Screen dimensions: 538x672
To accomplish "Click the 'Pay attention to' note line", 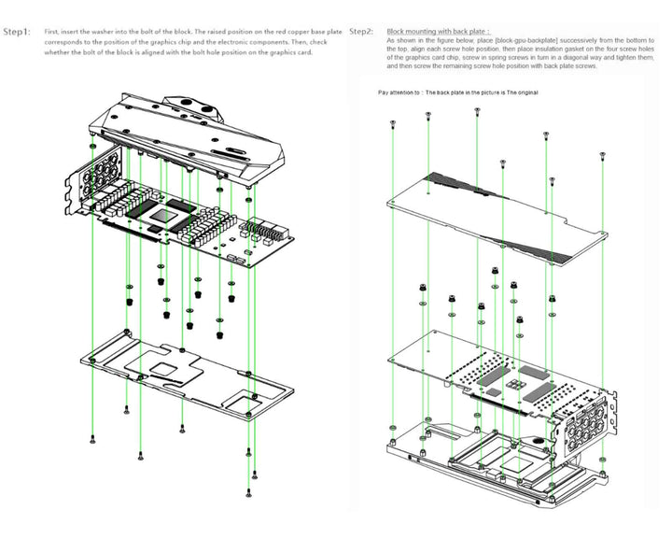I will click(x=457, y=92).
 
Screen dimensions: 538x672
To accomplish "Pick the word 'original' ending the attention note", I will click(x=526, y=92).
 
